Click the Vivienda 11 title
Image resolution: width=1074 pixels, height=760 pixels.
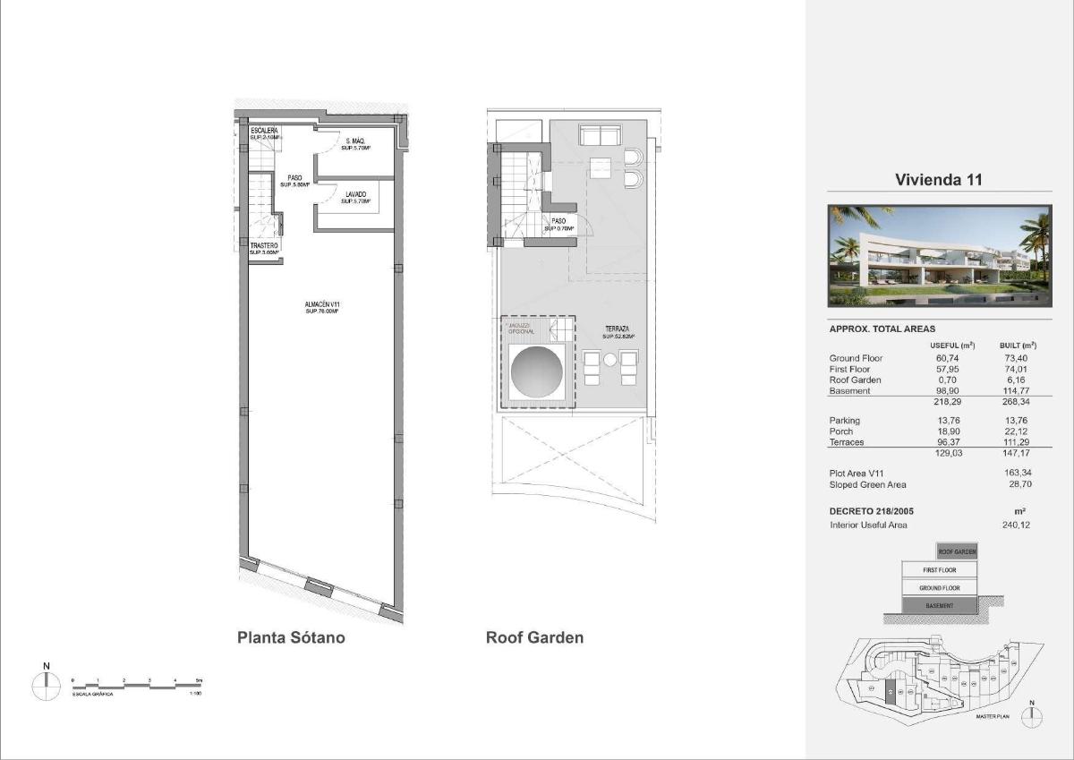click(939, 180)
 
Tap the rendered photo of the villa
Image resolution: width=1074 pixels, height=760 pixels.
click(939, 256)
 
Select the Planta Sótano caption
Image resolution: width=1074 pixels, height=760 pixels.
click(291, 638)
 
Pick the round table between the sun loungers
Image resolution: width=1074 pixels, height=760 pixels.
click(610, 360)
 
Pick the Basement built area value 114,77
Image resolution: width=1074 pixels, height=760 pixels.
click(1017, 391)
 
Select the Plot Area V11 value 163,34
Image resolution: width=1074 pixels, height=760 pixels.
click(1017, 473)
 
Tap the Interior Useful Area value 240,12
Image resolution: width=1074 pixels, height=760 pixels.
click(1017, 525)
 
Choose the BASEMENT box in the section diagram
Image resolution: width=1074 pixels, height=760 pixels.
click(939, 606)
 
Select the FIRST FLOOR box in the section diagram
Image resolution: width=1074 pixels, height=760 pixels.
click(939, 570)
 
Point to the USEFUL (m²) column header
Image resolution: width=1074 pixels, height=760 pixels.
click(952, 345)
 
